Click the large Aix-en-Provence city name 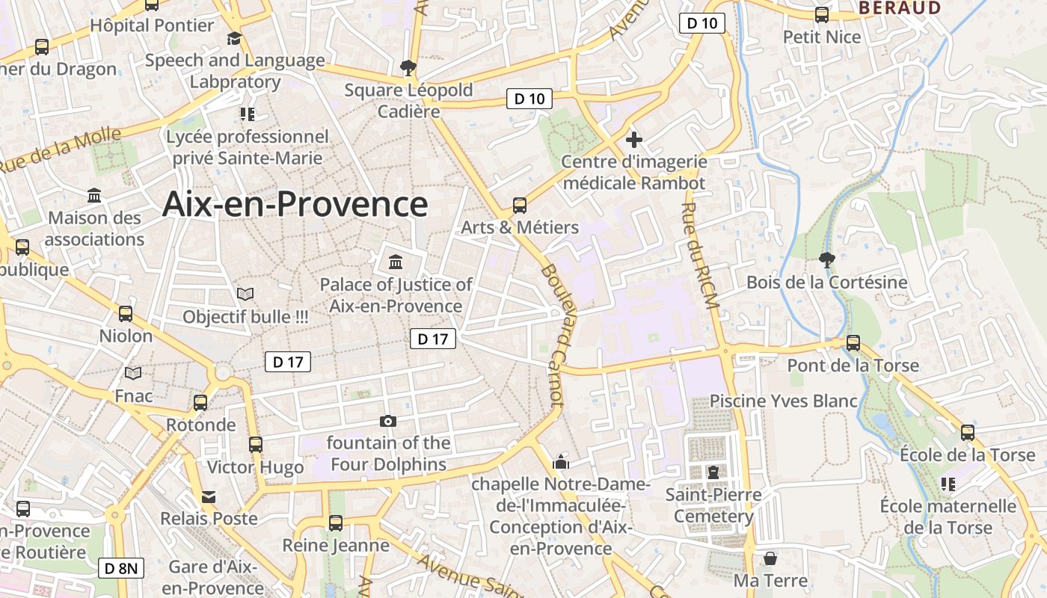295,204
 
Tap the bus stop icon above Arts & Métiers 519,206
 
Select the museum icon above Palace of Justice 396,262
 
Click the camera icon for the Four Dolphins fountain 387,421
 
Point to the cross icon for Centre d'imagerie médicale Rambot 634,140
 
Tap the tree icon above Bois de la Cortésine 826,260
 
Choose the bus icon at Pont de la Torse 853,343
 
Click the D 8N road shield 120,568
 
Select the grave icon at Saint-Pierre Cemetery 713,472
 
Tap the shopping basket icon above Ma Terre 770,558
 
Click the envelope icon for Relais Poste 208,496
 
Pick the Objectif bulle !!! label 245,317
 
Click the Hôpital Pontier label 152,25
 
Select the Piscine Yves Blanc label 783,401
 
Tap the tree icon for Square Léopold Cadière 408,68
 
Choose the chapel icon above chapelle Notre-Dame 560,463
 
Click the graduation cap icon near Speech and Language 235,38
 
